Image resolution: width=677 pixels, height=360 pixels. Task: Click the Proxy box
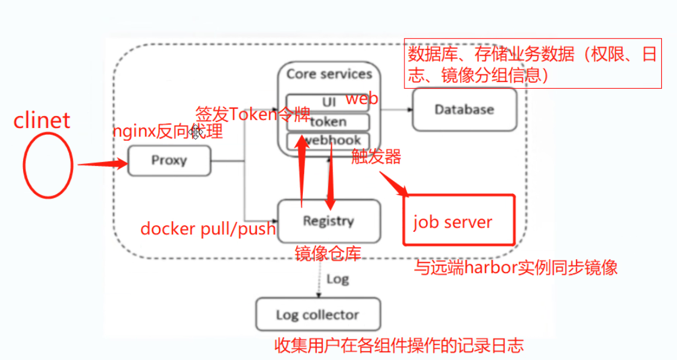(x=169, y=161)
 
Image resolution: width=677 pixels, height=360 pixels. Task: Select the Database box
(x=464, y=110)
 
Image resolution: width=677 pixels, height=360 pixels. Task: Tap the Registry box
(x=328, y=221)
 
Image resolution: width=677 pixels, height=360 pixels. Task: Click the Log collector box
(x=318, y=315)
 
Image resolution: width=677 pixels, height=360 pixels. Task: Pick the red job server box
(x=459, y=220)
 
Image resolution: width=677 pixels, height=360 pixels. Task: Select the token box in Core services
(x=328, y=122)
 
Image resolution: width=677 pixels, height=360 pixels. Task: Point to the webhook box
(x=328, y=141)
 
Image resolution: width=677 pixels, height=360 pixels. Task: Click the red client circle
(x=48, y=165)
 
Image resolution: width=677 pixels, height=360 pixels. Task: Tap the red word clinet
(x=42, y=120)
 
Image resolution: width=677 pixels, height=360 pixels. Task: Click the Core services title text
(x=329, y=74)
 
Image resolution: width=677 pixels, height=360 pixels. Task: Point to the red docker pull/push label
(x=208, y=229)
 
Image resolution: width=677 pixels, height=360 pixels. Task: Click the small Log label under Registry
(x=337, y=280)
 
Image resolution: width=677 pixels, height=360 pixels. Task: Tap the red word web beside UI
(x=361, y=99)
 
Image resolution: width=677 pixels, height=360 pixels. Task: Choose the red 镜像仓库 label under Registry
(x=328, y=253)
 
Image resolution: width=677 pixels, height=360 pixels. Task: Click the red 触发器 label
(x=377, y=157)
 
